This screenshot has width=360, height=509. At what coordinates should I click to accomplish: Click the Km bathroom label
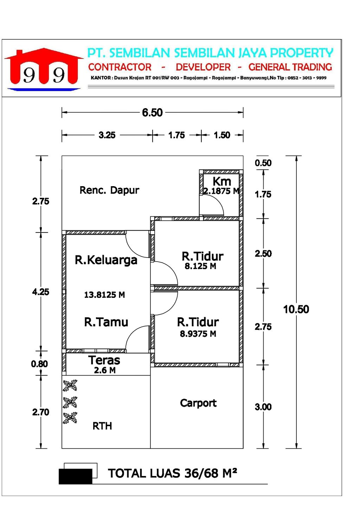point(222,182)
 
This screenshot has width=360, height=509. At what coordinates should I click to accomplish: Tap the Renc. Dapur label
point(109,190)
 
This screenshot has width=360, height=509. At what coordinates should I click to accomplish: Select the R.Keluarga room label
point(106,260)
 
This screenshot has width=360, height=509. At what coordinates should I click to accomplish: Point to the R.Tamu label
point(106,322)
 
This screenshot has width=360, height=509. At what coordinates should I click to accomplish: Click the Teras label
point(104,360)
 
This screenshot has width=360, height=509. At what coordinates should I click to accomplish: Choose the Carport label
point(198,403)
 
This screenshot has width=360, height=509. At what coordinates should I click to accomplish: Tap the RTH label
point(102,426)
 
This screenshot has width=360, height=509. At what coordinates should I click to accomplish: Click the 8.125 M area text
point(200,266)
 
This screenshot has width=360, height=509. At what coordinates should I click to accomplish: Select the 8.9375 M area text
point(198,334)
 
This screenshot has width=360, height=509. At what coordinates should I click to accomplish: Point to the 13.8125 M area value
point(105,295)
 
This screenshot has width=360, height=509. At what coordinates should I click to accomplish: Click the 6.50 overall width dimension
point(152,113)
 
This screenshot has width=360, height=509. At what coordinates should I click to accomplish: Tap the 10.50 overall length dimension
point(296,309)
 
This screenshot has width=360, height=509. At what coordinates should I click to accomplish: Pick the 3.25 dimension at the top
point(107,135)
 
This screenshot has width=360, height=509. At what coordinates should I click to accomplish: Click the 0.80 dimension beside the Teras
point(39,364)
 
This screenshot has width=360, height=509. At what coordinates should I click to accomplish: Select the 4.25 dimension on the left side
point(40,292)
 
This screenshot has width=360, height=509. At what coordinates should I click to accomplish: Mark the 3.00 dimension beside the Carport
point(263,407)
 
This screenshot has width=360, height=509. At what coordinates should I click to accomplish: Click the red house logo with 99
point(44,69)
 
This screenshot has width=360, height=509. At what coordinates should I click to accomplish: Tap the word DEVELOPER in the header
point(203,67)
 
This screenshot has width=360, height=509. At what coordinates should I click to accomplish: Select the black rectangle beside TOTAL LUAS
point(76,476)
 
